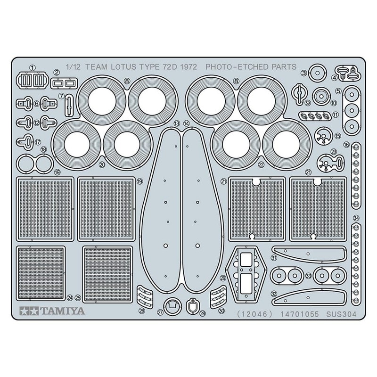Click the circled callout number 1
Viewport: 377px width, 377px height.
(32, 67)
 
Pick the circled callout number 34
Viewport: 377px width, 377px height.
(356, 218)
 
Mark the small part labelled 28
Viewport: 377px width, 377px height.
(192, 307)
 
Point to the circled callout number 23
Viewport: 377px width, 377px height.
(334, 151)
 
